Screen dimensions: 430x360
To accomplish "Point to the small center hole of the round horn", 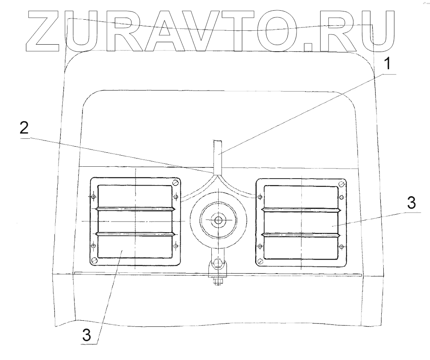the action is point(218,220).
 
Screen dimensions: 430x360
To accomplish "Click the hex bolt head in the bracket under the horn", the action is point(218,263).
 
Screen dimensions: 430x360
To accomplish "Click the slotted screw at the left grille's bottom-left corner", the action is point(94,259).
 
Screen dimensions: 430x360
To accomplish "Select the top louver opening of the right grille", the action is point(301,196).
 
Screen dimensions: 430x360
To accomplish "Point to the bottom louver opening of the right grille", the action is point(301,247).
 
